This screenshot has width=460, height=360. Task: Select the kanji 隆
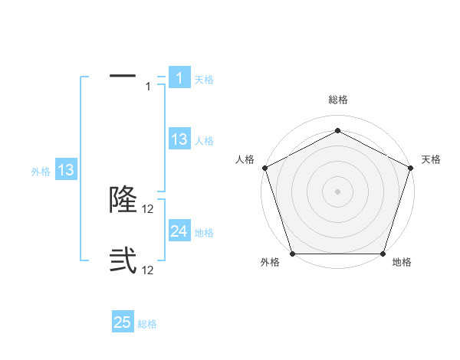[123, 199]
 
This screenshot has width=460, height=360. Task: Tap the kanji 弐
[123, 260]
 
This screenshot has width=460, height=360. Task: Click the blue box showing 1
[179, 77]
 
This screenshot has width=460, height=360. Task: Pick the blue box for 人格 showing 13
[179, 139]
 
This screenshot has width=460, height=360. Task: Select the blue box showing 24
[179, 231]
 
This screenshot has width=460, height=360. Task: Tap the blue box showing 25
[123, 322]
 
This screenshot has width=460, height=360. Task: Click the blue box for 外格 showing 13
[66, 170]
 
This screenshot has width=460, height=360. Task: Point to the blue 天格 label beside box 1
[204, 79]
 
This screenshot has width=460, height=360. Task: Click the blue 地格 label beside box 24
[204, 232]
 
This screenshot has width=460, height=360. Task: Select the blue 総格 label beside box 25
[147, 324]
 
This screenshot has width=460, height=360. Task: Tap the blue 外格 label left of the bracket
[41, 172]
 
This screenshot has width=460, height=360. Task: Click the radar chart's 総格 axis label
[337, 100]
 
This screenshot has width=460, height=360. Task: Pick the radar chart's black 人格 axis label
[245, 159]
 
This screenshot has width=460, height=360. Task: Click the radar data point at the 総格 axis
[337, 130]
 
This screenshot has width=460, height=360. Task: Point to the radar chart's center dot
[337, 191]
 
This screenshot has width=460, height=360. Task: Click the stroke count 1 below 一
[149, 87]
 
